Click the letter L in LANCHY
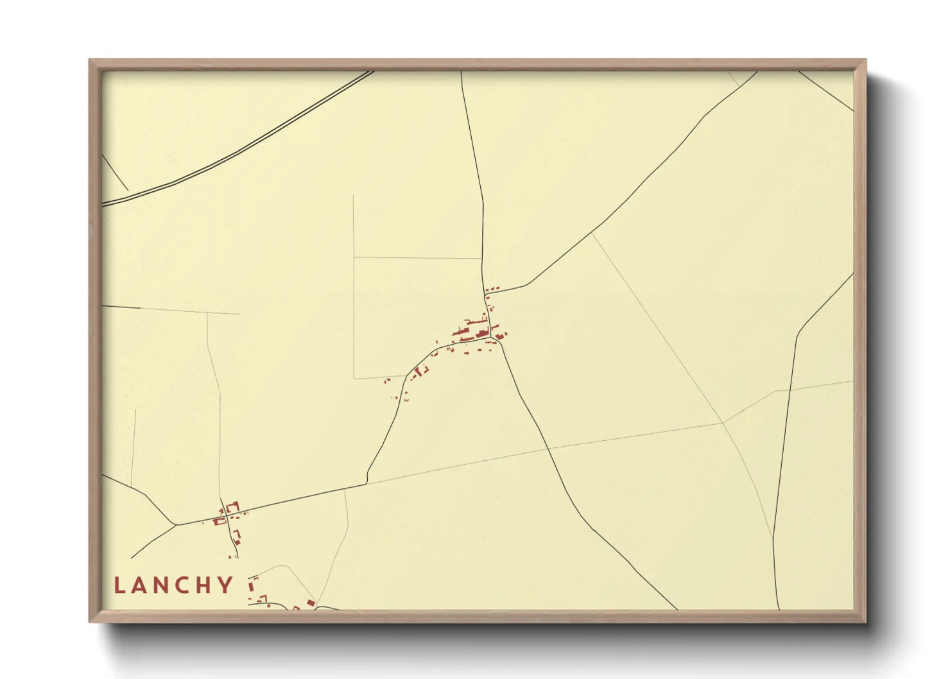pos(119,585)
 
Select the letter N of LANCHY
pos(164,585)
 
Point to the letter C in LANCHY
pos(186,585)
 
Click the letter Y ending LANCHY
pos(226,585)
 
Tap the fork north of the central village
pos(485,293)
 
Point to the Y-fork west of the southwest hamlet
pos(176,525)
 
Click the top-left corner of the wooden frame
pos(90,60)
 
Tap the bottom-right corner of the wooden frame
pos(865,621)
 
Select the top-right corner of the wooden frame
pos(865,60)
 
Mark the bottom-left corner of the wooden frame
pos(90,621)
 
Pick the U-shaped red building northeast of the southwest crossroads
pos(232,508)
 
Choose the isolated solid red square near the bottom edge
pos(311,603)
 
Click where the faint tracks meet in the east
pos(723,422)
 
